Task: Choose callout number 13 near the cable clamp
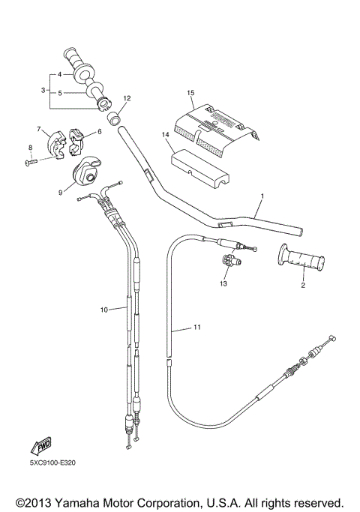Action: pos(223,284)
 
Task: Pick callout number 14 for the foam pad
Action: pos(163,135)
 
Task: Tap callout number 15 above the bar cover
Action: pos(190,92)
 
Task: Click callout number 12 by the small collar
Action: pos(127,98)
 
